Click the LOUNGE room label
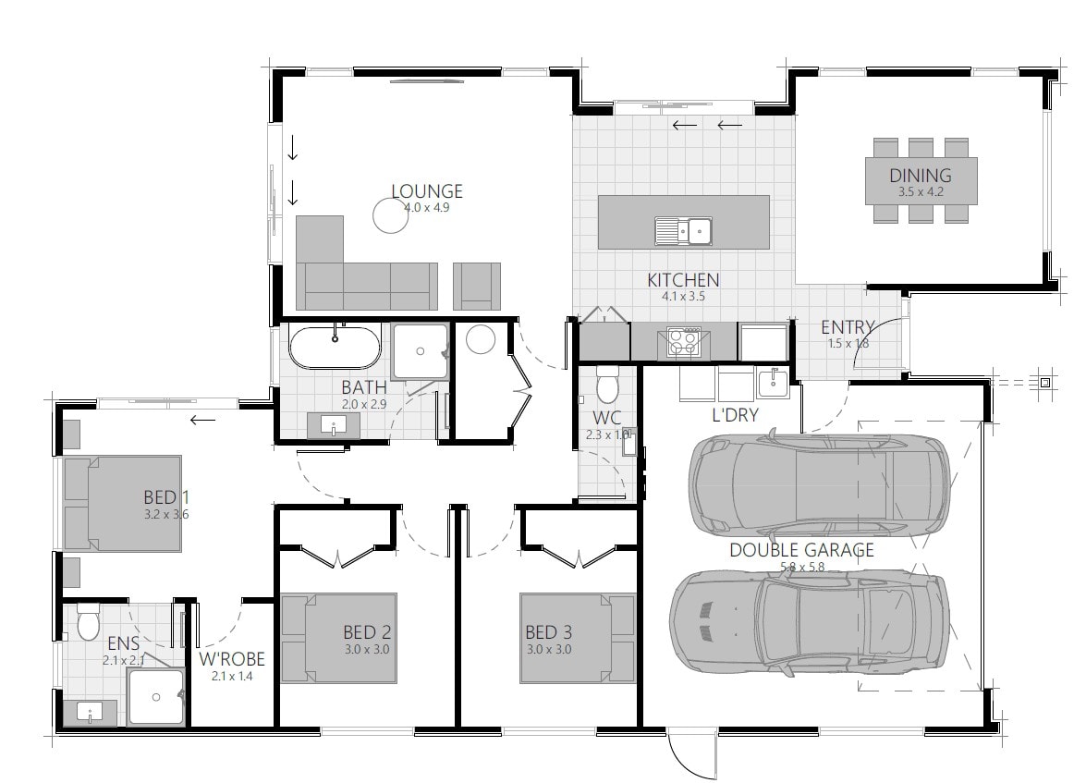pyautogui.click(x=426, y=191)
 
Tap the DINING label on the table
pyautogui.click(x=920, y=175)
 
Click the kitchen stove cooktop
pyautogui.click(x=683, y=342)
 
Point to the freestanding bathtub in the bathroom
pyautogui.click(x=335, y=346)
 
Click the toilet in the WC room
pyautogui.click(x=607, y=382)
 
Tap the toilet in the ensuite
pyautogui.click(x=89, y=622)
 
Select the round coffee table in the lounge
pyautogui.click(x=392, y=215)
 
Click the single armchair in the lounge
pyautogui.click(x=476, y=286)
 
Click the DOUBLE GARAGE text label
pyautogui.click(x=801, y=550)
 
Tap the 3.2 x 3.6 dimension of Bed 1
pyautogui.click(x=166, y=514)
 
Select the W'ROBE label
pyautogui.click(x=232, y=659)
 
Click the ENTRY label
pyautogui.click(x=848, y=326)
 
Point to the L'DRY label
pyautogui.click(x=735, y=415)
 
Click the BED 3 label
pyautogui.click(x=549, y=632)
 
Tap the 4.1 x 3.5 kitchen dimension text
pyautogui.click(x=683, y=297)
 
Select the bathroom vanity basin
pyautogui.click(x=334, y=425)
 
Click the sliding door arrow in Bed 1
pyautogui.click(x=202, y=420)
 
